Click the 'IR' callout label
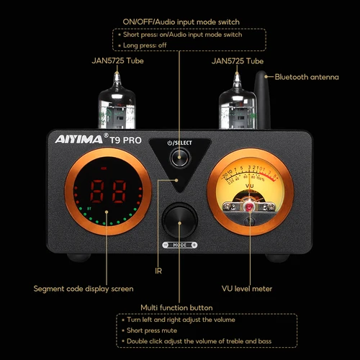158,271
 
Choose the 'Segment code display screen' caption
84,289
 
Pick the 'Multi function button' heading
176,307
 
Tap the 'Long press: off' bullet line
148,45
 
